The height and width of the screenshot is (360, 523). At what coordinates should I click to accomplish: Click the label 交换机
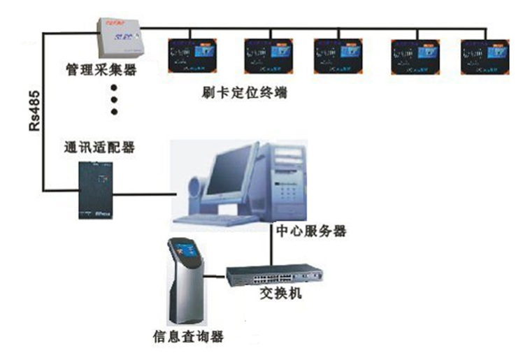pyautogui.click(x=279, y=294)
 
